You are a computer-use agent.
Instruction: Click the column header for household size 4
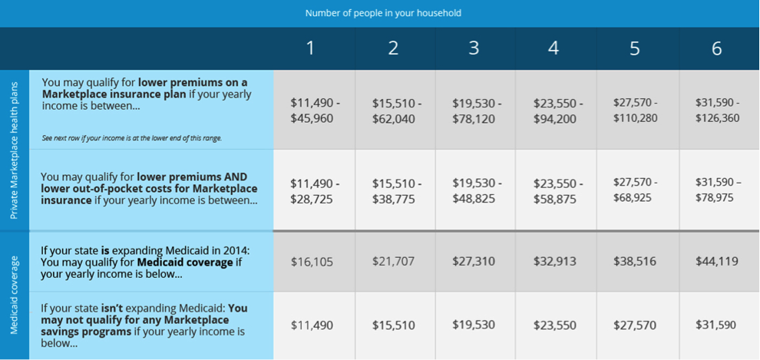tap(553, 48)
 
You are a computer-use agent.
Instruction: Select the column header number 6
tap(716, 48)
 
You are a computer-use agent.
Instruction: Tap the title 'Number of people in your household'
tap(383, 13)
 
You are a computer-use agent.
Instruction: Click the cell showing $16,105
tap(312, 262)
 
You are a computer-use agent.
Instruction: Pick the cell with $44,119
tap(716, 262)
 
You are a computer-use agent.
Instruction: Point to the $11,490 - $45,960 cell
tap(314, 111)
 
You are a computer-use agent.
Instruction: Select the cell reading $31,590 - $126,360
tap(716, 111)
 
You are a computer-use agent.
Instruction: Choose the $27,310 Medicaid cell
tap(474, 262)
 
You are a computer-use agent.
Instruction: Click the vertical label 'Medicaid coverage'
tap(15, 296)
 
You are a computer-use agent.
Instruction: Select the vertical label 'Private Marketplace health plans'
tap(15, 149)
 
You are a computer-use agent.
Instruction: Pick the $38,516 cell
tap(635, 262)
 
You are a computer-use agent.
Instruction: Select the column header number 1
tap(310, 48)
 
